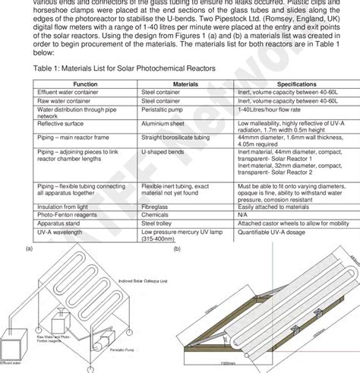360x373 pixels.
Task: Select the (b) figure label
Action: click(177, 248)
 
